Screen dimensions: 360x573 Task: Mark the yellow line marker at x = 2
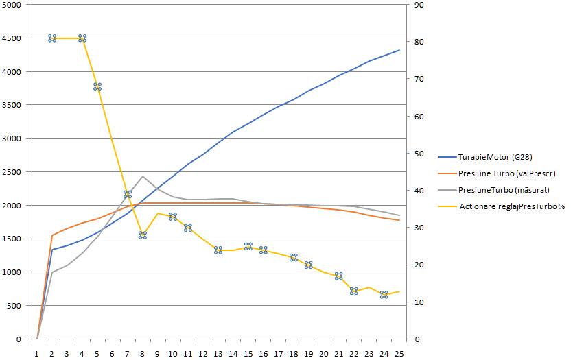pos(52,38)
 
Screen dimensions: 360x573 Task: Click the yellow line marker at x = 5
pos(97,86)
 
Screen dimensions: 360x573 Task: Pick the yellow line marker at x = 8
pos(143,235)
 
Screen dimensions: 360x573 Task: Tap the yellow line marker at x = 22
pos(354,291)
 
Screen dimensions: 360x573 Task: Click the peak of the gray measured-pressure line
pos(143,176)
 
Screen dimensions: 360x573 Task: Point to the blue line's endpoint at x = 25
pos(399,50)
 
